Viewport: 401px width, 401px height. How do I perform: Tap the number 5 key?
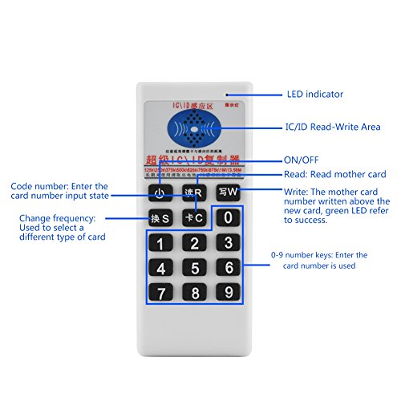pos(194,268)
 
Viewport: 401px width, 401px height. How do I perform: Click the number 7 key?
pos(162,293)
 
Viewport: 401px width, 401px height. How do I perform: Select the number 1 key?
pos(162,243)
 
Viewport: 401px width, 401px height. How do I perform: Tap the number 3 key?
pos(228,243)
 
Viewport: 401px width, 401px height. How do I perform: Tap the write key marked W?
pos(228,192)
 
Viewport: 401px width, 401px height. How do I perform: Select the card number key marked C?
pos(194,217)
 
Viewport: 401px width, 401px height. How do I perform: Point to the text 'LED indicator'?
pos(314,94)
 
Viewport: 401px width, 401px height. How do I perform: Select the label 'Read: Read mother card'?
pos(335,174)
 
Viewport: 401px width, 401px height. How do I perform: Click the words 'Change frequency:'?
pos(58,217)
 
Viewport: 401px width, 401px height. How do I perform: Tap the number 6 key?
pos(228,268)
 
